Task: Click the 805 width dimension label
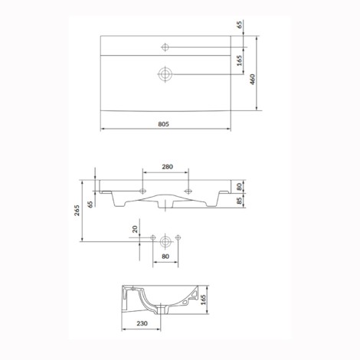(x=164, y=124)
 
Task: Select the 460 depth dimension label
(x=252, y=80)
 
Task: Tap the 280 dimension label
(x=167, y=167)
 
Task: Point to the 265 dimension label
(x=77, y=210)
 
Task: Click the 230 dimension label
(x=142, y=323)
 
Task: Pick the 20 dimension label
(x=135, y=229)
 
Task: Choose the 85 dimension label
(x=240, y=201)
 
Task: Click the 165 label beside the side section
(x=203, y=300)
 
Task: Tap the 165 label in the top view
(x=240, y=61)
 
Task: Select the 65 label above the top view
(x=240, y=25)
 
